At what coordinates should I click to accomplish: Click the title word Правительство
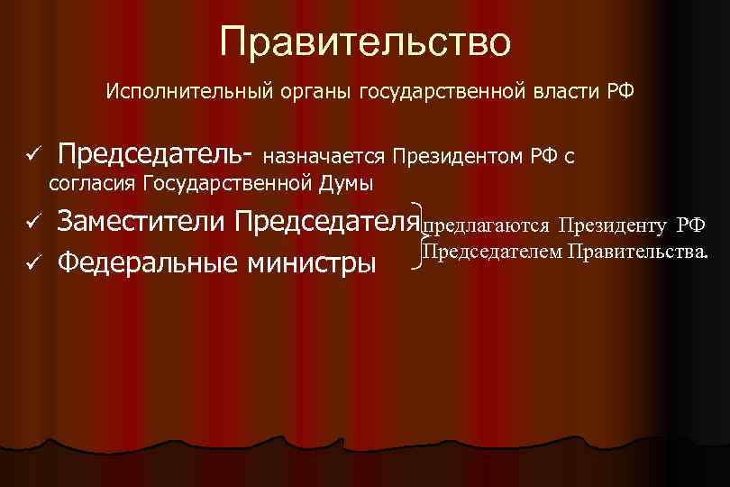365,41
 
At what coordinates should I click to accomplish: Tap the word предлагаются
486,224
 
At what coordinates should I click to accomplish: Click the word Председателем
491,250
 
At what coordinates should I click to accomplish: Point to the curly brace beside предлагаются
415,237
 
